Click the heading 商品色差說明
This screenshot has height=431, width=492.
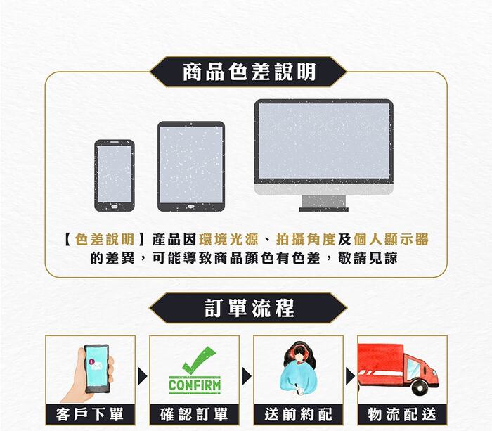click(x=249, y=72)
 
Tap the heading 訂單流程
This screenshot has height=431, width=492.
click(x=249, y=308)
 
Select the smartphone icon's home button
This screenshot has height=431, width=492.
click(x=114, y=207)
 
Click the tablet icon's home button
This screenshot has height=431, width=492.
click(x=190, y=207)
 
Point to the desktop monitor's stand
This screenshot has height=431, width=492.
click(x=323, y=202)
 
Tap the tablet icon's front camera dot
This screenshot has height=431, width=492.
click(x=190, y=124)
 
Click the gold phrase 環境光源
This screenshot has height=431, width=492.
click(x=228, y=240)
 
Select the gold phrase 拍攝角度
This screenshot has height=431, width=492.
click(x=306, y=240)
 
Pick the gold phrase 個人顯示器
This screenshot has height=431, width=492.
click(x=391, y=240)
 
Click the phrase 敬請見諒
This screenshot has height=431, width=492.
click(x=368, y=258)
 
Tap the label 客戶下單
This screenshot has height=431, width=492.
click(x=90, y=414)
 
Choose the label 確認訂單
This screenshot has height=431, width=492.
click(x=194, y=414)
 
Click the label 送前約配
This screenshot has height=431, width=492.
click(x=298, y=414)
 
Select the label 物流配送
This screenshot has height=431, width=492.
click(x=402, y=414)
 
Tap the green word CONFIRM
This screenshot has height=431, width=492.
click(x=195, y=385)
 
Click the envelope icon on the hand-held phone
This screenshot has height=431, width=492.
click(x=97, y=366)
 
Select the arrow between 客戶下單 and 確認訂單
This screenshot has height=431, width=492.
click(x=143, y=376)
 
